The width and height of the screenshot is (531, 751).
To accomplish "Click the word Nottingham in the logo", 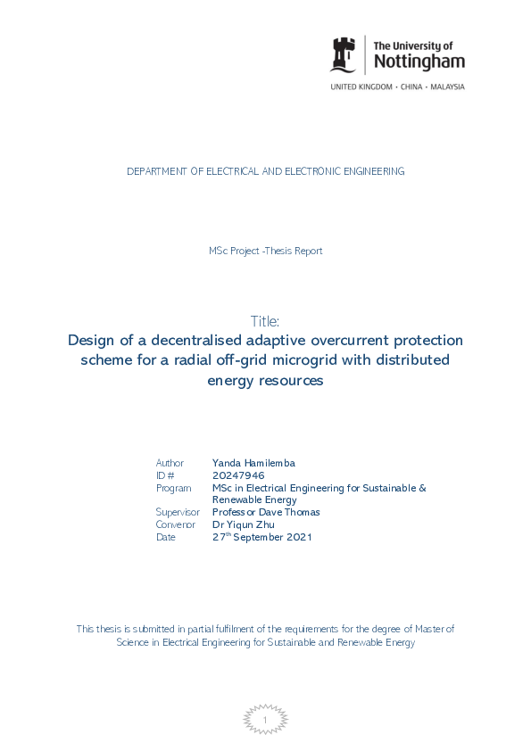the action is coord(419,62).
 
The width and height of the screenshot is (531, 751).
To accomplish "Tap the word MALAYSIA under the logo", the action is coord(445,87).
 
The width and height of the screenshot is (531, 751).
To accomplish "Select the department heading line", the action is coord(265,171).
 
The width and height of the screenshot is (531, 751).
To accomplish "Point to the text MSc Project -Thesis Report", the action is coord(265,251).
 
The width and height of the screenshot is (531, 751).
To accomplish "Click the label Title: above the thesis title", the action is coord(265,321).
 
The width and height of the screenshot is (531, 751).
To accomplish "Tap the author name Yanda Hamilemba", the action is coord(253,463).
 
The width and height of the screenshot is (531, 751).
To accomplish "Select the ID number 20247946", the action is coord(238,475).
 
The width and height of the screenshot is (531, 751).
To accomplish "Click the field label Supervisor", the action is coord(178,512).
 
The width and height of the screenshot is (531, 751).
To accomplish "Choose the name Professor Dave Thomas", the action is coord(266,512).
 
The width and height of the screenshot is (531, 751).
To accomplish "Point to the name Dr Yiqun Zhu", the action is coord(245,524).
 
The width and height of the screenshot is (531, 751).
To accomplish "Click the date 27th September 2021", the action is coord(261,537).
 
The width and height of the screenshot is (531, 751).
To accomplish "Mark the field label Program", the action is coord(173,488).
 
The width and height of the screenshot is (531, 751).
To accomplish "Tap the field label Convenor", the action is coord(175,524).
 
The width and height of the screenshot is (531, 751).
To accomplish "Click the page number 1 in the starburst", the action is coord(265,720).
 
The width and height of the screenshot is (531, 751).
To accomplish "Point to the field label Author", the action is coord(170,463).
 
